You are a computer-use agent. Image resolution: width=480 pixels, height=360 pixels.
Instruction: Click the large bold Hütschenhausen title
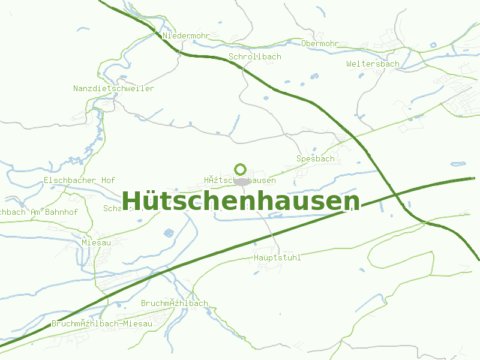pos(241,201)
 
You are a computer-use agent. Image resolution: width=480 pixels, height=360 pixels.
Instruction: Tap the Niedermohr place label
pos(186,36)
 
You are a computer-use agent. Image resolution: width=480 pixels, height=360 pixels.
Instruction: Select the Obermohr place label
pos(320,44)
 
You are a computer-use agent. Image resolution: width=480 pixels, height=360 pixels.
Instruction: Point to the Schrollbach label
pos(254,57)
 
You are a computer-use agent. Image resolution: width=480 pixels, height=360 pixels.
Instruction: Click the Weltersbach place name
pos(373,64)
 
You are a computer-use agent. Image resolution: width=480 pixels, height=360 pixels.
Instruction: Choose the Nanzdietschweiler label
pos(113,89)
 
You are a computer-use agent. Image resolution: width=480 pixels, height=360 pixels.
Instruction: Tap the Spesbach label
pos(315,159)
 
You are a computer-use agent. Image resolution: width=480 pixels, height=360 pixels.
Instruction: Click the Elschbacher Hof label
pos(79,181)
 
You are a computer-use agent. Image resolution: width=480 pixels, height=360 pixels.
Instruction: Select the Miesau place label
pos(96,243)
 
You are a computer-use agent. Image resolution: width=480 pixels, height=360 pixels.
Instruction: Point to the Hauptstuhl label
pos(277,258)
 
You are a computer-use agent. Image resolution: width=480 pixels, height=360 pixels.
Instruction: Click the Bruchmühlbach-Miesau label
pos(102,323)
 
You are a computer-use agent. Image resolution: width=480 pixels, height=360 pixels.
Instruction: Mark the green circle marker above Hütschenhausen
pos(241,169)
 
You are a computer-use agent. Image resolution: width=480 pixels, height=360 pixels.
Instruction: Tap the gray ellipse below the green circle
pos(242,181)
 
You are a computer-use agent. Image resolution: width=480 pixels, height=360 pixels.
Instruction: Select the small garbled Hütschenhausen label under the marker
pos(239,181)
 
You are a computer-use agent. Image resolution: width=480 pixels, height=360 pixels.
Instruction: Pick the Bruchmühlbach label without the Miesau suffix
pos(174,304)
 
